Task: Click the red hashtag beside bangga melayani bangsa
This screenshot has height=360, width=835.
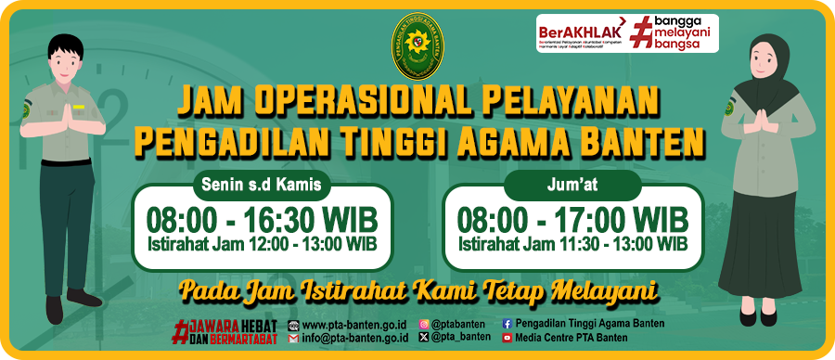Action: pyautogui.click(x=641, y=32)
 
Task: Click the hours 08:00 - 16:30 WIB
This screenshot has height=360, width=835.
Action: pyautogui.click(x=263, y=221)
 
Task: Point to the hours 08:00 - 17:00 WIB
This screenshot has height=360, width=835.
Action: pyautogui.click(x=572, y=221)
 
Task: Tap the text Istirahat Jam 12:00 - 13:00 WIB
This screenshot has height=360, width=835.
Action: pyautogui.click(x=263, y=244)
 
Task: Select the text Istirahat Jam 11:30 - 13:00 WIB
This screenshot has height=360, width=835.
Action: pyautogui.click(x=572, y=244)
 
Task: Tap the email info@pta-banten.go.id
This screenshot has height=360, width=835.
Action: pyautogui.click(x=354, y=339)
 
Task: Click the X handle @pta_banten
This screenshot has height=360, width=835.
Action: pyautogui.click(x=461, y=339)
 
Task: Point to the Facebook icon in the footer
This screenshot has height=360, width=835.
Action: pyautogui.click(x=507, y=325)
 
